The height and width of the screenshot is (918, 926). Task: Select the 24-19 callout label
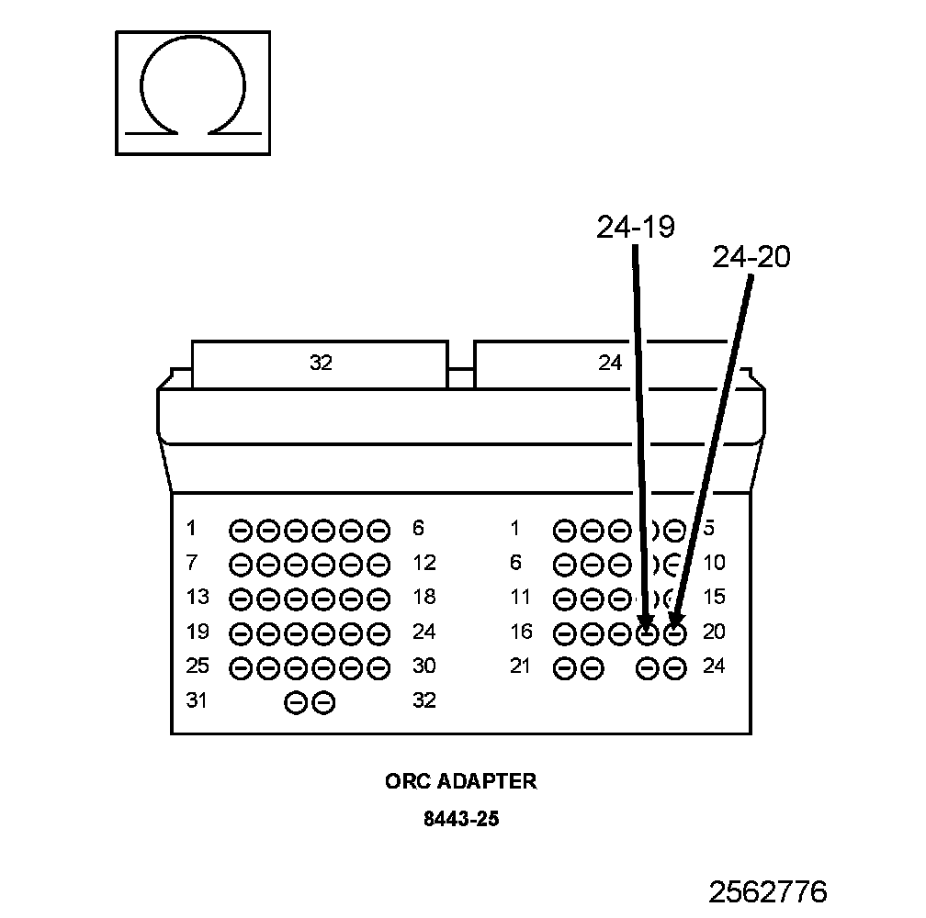[x=635, y=226]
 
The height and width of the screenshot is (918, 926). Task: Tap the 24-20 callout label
[x=751, y=258]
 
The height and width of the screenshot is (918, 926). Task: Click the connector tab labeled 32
[x=320, y=364]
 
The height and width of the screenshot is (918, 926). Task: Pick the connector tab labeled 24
[x=610, y=364]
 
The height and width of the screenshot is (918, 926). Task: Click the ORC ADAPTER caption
[x=460, y=781]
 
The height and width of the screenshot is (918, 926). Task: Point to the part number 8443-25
[x=460, y=818]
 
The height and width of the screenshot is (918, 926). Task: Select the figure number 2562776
[x=767, y=891]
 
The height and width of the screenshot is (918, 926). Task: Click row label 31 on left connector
[x=197, y=701]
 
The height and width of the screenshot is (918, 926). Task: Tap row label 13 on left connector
[x=197, y=598]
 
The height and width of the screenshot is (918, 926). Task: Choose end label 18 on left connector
[x=423, y=598]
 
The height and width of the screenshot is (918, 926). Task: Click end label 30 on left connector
[x=423, y=666]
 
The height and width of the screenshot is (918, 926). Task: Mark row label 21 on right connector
[x=521, y=666]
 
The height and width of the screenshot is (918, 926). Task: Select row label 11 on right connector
[x=521, y=598]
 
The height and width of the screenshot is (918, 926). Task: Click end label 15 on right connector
[x=714, y=598]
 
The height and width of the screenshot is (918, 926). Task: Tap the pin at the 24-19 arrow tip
[x=648, y=633]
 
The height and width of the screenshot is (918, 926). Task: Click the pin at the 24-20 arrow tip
[x=675, y=633]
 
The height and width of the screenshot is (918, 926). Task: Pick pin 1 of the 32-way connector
[x=241, y=530]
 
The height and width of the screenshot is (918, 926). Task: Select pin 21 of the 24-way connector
[x=565, y=669]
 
